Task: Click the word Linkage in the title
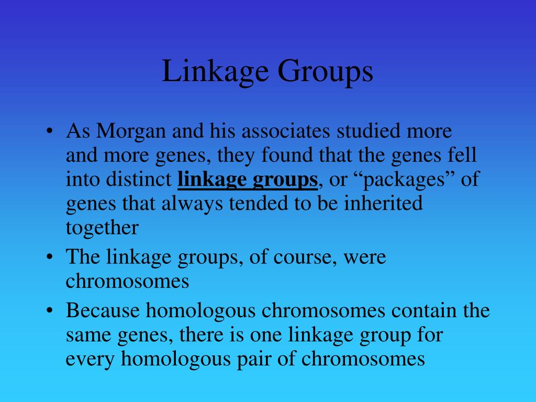pyautogui.click(x=215, y=72)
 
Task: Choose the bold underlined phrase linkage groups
pyautogui.click(x=248, y=180)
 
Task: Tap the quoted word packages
pyautogui.click(x=400, y=180)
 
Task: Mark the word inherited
pyautogui.click(x=383, y=204)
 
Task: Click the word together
pyautogui.click(x=103, y=228)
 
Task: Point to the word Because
pyautogui.click(x=103, y=310)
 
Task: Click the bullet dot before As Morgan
pyautogui.click(x=49, y=131)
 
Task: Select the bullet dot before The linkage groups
pyautogui.click(x=49, y=258)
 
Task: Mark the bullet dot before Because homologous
pyautogui.click(x=49, y=311)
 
